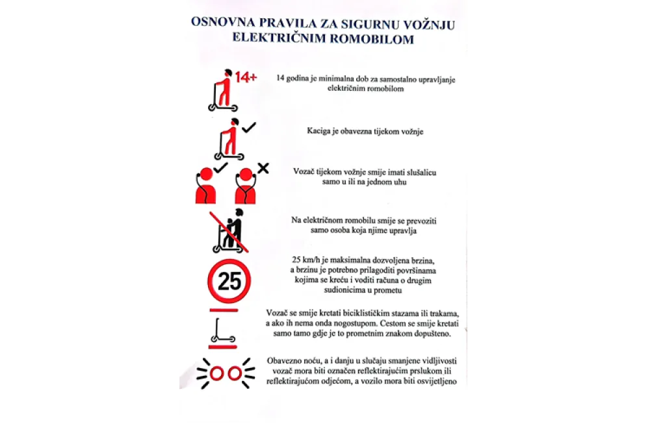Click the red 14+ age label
pyautogui.click(x=246, y=77)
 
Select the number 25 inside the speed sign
pyautogui.click(x=229, y=282)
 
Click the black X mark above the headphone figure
pyautogui.click(x=263, y=168)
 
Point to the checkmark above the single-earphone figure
pyautogui.click(x=220, y=168)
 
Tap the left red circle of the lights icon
pyautogui.click(x=217, y=373)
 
